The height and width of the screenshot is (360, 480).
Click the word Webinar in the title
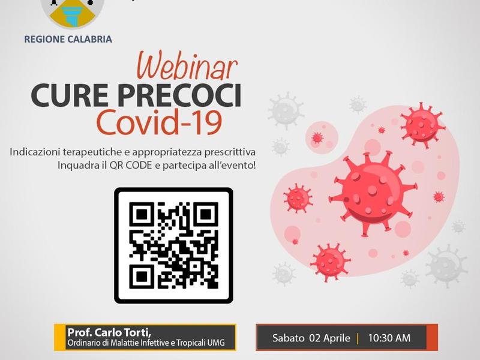click(187, 67)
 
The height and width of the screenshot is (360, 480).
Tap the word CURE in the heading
click(70, 96)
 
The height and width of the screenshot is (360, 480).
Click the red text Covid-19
click(159, 123)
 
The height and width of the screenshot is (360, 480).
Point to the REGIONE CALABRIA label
click(68, 39)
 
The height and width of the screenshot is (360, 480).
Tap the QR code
click(173, 245)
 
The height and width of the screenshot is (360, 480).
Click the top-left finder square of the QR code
click(142, 215)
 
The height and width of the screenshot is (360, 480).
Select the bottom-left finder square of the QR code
click(142, 277)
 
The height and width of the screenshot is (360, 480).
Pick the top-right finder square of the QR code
click(206, 215)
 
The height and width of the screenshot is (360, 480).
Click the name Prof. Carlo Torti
click(109, 332)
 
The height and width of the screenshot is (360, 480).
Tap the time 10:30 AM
click(389, 338)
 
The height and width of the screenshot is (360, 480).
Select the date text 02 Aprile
click(329, 338)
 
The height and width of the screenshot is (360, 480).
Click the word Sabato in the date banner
click(289, 338)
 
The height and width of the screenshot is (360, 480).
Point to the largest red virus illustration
click(373, 193)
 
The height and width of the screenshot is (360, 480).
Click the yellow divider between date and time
click(358, 338)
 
